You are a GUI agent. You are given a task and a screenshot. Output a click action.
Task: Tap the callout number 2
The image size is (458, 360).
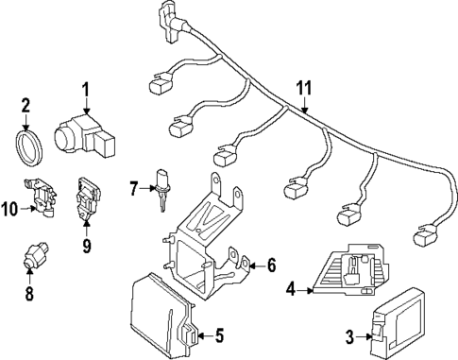pyautogui.click(x=25, y=105)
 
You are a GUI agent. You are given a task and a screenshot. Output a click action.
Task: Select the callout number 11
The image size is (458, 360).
pyautogui.click(x=304, y=88)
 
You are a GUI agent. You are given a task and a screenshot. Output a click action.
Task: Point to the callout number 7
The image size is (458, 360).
pyautogui.click(x=134, y=189)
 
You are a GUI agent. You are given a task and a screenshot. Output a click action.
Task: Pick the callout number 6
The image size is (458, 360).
pyautogui.click(x=271, y=266)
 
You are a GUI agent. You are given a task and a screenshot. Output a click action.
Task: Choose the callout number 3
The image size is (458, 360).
pyautogui.click(x=349, y=337)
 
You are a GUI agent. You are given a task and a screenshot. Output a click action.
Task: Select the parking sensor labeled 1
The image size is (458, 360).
pyautogui.click(x=84, y=136)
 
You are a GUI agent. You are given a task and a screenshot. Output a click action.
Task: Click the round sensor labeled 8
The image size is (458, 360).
pyautogui.click(x=36, y=255)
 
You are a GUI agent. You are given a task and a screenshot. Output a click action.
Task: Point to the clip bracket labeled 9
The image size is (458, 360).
pyautogui.click(x=87, y=199)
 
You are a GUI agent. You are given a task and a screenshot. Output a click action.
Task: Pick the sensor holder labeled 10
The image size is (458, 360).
pyautogui.click(x=42, y=197)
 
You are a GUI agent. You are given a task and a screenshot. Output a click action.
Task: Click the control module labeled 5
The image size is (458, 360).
pyautogui.click(x=163, y=315)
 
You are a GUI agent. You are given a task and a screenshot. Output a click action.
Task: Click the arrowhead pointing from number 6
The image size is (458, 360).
pyautogui.click(x=252, y=266)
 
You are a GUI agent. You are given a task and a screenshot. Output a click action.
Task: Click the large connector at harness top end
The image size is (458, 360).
pyautogui.click(x=173, y=21)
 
